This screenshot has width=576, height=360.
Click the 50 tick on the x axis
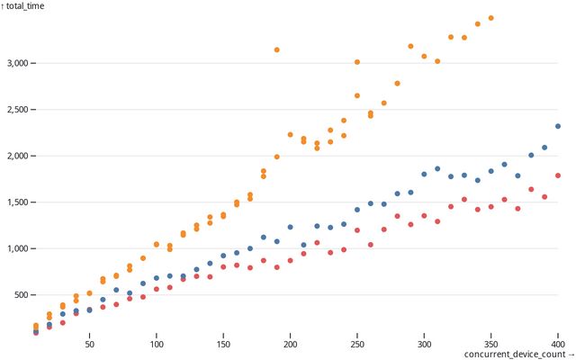89,343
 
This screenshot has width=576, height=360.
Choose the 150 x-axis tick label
223,343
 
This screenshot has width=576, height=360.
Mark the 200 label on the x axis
290,343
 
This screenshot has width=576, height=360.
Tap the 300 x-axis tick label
424,343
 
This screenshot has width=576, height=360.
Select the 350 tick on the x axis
490,343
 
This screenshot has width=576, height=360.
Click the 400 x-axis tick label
558,343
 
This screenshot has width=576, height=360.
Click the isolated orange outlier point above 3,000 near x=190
276,49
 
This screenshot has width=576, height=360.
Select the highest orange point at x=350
490,18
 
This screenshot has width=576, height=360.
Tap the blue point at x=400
558,127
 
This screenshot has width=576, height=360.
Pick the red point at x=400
558,175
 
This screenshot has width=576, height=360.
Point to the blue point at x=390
544,148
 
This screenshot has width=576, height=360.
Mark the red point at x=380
531,190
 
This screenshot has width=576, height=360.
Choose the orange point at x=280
397,84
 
